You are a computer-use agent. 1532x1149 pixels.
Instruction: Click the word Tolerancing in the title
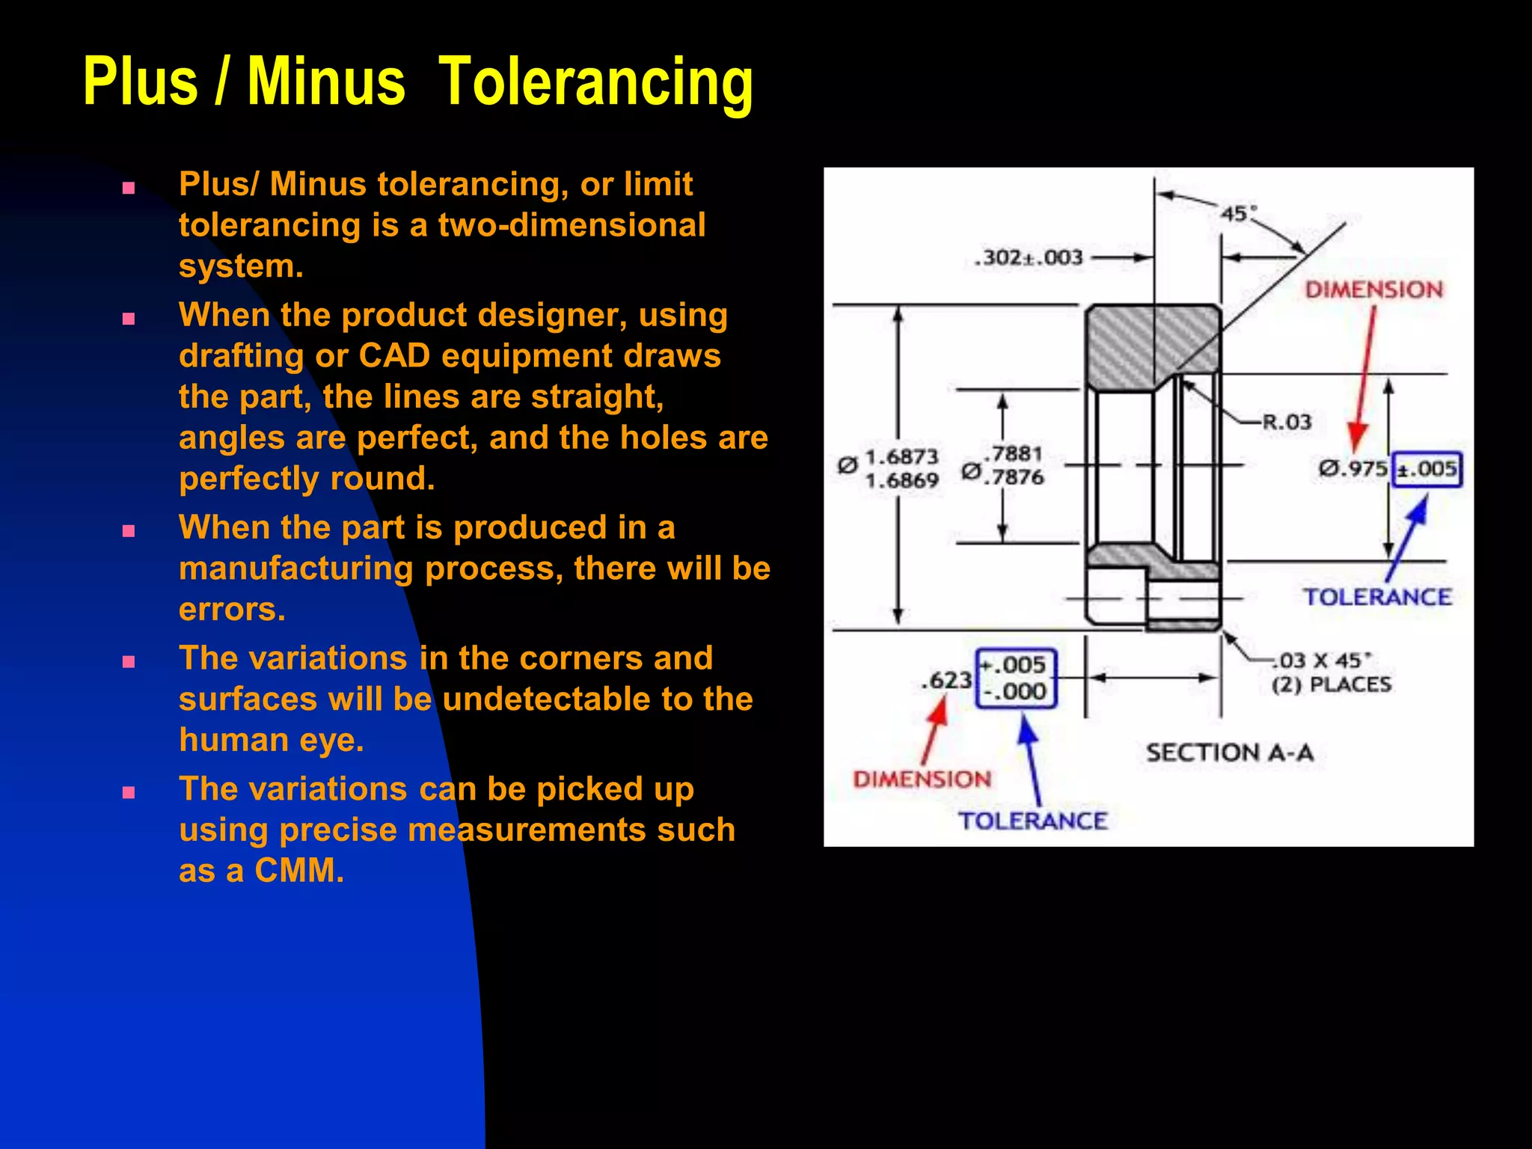pyautogui.click(x=595, y=82)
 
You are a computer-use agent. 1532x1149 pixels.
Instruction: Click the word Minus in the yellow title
pyautogui.click(x=326, y=82)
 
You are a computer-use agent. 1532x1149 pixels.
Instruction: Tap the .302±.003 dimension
pyautogui.click(x=1029, y=257)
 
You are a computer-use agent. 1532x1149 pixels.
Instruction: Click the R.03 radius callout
pyautogui.click(x=1287, y=422)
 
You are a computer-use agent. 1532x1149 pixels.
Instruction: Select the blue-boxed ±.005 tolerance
pyautogui.click(x=1427, y=470)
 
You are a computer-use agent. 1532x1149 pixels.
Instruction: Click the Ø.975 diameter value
pyautogui.click(x=1352, y=469)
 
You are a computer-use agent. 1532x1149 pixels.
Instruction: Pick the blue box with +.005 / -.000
pyautogui.click(x=1016, y=678)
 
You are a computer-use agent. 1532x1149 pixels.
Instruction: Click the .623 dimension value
pyautogui.click(x=946, y=680)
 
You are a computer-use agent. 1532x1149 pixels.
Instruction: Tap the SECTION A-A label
pyautogui.click(x=1230, y=753)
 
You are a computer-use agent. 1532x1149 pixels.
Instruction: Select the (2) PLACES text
pyautogui.click(x=1332, y=684)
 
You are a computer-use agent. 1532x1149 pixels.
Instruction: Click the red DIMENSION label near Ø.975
pyautogui.click(x=1373, y=289)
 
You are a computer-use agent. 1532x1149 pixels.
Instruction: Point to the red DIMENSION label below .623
pyautogui.click(x=922, y=779)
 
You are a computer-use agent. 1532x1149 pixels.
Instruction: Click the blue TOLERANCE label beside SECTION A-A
pyautogui.click(x=1032, y=821)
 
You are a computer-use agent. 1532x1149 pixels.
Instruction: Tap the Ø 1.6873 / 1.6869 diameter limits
pyautogui.click(x=890, y=468)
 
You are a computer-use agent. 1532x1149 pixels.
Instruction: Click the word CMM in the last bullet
pyautogui.click(x=299, y=871)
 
